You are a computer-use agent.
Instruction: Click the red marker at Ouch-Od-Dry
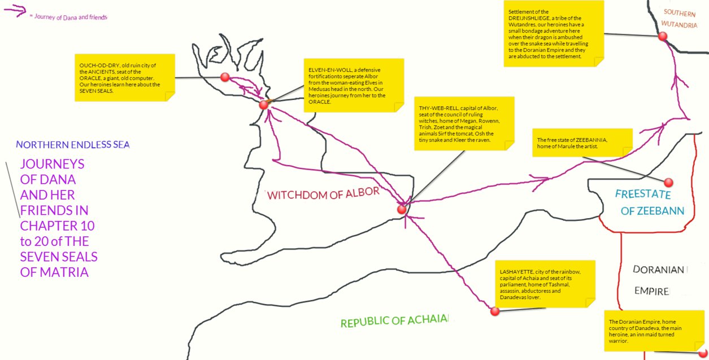pyautogui.click(x=225, y=77)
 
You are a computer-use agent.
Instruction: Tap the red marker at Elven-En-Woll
pyautogui.click(x=263, y=105)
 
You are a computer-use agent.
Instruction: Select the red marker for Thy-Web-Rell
pyautogui.click(x=402, y=209)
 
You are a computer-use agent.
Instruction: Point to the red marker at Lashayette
pyautogui.click(x=495, y=311)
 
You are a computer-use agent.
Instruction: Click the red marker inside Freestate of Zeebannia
pyautogui.click(x=668, y=183)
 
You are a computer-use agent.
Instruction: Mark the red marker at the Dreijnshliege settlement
pyautogui.click(x=663, y=36)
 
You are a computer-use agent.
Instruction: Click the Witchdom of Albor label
pyautogui.click(x=323, y=193)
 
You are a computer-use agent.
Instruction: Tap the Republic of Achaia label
pyautogui.click(x=395, y=321)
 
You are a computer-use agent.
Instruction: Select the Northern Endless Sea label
pyautogui.click(x=73, y=145)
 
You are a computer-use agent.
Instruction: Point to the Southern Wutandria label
pyautogui.click(x=679, y=19)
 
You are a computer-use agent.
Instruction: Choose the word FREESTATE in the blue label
pyautogui.click(x=643, y=194)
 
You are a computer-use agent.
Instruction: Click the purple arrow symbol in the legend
pyautogui.click(x=15, y=11)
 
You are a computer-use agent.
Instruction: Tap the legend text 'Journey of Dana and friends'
pyautogui.click(x=71, y=17)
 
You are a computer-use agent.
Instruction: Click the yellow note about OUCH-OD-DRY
pyautogui.click(x=125, y=77)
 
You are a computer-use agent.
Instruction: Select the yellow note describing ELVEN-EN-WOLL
pyautogui.click(x=354, y=85)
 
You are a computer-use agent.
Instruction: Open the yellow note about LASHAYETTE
pyautogui.click(x=545, y=284)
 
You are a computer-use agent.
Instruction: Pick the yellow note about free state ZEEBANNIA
pyautogui.click(x=582, y=142)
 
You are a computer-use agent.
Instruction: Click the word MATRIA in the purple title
pyautogui.click(x=54, y=272)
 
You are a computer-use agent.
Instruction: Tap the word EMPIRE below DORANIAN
pyautogui.click(x=652, y=291)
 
